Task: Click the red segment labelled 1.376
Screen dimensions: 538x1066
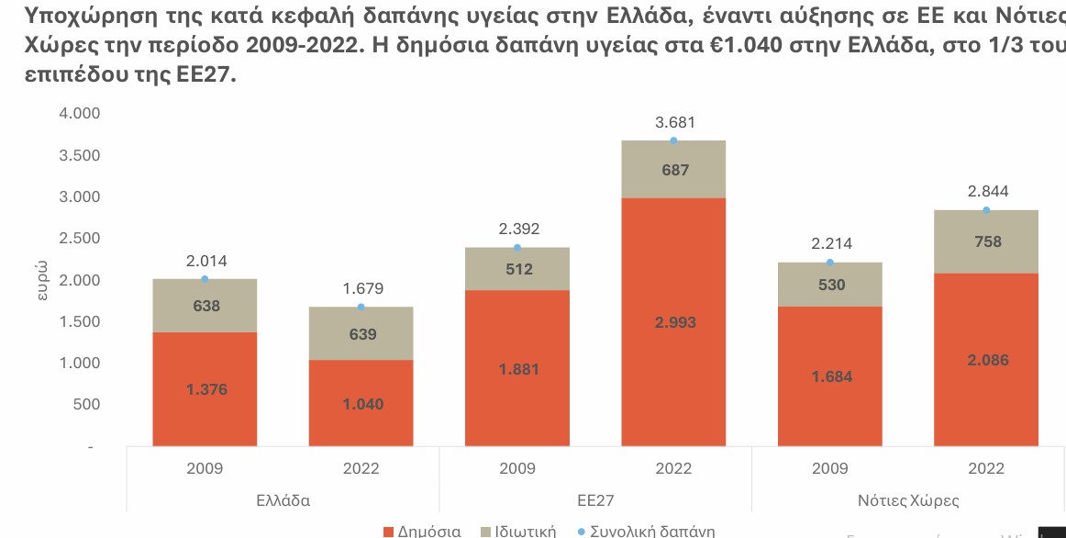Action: coord(205,389)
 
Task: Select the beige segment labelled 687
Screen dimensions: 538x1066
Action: coord(673,170)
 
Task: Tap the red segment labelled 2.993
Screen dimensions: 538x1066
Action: coord(673,322)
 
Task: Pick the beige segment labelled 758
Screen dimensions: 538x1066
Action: coord(986,242)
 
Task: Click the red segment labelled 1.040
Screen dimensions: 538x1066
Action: coord(361,404)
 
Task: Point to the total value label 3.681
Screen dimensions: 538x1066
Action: coord(673,122)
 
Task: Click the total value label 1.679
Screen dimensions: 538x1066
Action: coord(361,288)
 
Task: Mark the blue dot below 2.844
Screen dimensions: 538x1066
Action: coord(986,210)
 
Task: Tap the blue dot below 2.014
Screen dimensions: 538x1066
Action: coord(205,279)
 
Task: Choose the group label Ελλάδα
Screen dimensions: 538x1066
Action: coord(283,500)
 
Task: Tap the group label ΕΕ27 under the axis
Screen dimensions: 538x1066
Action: coord(595,500)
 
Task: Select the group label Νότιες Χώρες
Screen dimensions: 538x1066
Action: coord(907,500)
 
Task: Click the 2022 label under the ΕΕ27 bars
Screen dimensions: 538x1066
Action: coord(673,468)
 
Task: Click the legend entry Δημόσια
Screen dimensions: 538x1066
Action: coord(422,531)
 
